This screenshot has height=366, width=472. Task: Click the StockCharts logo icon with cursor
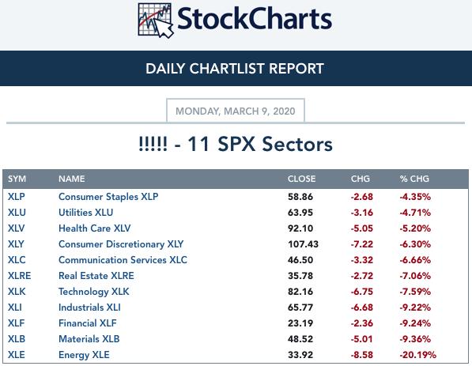(x=155, y=21)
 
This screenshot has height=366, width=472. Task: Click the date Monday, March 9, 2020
(x=236, y=111)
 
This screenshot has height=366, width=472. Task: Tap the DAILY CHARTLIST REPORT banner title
(x=235, y=69)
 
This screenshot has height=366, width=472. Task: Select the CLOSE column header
(x=301, y=179)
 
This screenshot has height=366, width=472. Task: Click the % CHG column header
(x=414, y=179)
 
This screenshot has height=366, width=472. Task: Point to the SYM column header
(x=17, y=179)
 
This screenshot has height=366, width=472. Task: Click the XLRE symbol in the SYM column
(x=19, y=276)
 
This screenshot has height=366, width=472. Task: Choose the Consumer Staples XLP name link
(x=108, y=197)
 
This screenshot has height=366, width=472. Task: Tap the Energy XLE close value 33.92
(x=300, y=355)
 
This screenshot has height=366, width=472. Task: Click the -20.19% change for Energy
(x=417, y=355)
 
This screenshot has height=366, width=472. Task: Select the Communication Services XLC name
(x=123, y=260)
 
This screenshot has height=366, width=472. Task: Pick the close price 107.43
(x=303, y=244)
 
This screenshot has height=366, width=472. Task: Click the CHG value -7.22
(x=362, y=244)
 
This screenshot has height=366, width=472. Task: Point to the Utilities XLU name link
(x=86, y=213)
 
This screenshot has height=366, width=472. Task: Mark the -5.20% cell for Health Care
(x=415, y=228)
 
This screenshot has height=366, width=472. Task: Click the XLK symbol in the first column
(x=17, y=292)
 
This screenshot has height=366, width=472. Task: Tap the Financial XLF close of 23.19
(x=300, y=323)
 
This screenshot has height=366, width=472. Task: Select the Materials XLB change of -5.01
(x=362, y=339)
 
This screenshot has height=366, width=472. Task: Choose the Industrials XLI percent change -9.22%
(x=415, y=308)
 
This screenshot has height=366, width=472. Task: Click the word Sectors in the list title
(x=297, y=144)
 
